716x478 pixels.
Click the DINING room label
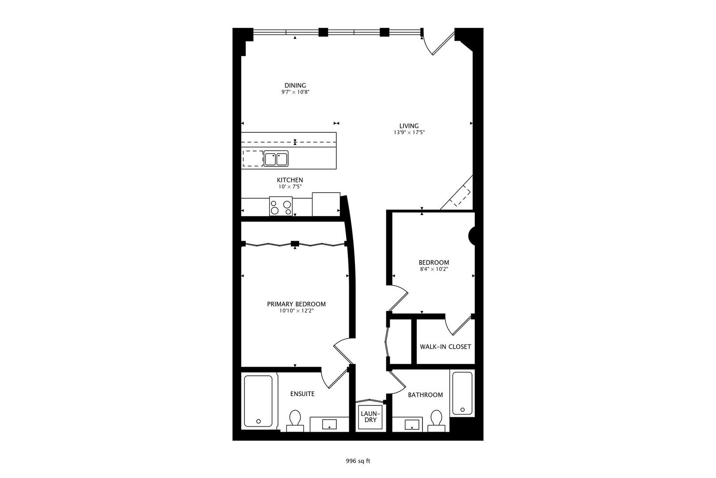click(295, 85)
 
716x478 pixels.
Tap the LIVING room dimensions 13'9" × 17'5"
click(409, 132)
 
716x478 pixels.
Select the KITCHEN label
click(290, 180)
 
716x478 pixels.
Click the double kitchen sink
click(276, 159)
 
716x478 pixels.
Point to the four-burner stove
click(281, 206)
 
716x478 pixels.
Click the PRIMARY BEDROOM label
click(296, 304)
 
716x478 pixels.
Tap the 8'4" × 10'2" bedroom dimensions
click(434, 269)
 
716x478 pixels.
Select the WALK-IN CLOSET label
click(445, 347)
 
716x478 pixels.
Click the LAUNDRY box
click(371, 417)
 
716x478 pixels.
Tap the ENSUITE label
click(302, 394)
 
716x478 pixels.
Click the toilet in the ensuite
click(295, 421)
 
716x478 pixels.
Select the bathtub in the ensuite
click(258, 401)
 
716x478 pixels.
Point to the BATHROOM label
click(426, 395)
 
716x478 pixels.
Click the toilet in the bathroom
click(436, 421)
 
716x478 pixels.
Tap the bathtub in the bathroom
click(462, 393)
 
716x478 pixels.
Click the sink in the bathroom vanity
click(412, 425)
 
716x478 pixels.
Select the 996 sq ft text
click(358, 461)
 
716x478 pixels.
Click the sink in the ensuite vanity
click(329, 424)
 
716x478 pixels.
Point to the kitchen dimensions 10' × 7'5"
click(290, 187)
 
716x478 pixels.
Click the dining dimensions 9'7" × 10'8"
click(295, 92)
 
